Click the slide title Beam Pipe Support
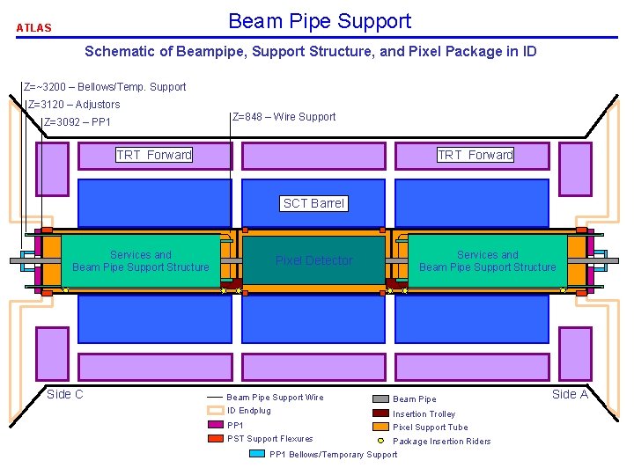tap(319, 21)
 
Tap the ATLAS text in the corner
tap(34, 28)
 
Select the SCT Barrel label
tap(314, 203)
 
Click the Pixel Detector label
tap(313, 260)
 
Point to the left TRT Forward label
tap(154, 155)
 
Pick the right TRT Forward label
tap(475, 155)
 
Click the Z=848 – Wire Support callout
tap(284, 116)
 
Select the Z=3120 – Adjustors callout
tap(74, 105)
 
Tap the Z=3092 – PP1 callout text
tap(77, 122)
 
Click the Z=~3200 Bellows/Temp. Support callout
tap(106, 87)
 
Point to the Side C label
tap(65, 394)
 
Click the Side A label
tap(570, 394)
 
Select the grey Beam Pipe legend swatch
tap(380, 398)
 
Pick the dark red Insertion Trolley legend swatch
tap(380, 413)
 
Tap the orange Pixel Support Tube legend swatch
tap(380, 427)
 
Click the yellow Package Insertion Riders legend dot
tap(380, 440)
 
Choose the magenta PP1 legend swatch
tap(214, 425)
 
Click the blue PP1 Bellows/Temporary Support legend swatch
tap(256, 454)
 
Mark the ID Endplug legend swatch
tap(214, 411)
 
